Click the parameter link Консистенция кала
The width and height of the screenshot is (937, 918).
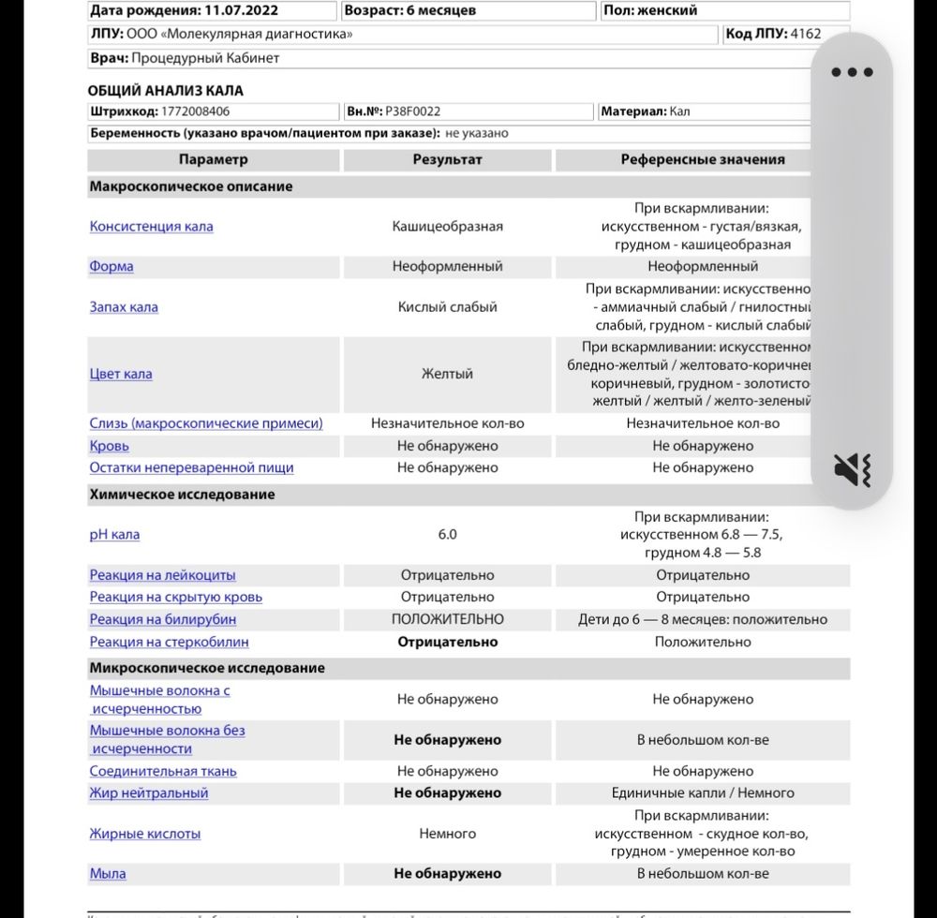[151, 226]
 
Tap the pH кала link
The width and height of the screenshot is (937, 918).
[114, 534]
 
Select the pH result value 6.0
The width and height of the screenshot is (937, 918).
[447, 534]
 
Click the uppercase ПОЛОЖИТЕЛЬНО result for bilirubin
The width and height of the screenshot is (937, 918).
[447, 619]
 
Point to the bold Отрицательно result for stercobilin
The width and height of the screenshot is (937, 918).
[447, 642]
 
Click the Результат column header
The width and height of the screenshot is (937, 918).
[447, 159]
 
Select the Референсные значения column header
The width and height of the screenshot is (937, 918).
[702, 159]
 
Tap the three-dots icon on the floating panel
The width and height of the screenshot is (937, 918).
[852, 72]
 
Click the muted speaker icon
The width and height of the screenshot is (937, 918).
[852, 469]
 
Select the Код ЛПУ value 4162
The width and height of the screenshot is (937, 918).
[805, 34]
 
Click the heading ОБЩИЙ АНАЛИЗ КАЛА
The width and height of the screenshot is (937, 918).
[165, 90]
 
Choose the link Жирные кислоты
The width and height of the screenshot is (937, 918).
[144, 833]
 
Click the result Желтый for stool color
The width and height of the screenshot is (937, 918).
[447, 374]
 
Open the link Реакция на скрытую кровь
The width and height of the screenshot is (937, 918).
[175, 597]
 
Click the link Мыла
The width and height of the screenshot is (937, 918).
[107, 873]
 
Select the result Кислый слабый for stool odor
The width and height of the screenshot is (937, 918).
[447, 306]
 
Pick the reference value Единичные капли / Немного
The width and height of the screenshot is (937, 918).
[702, 792]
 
